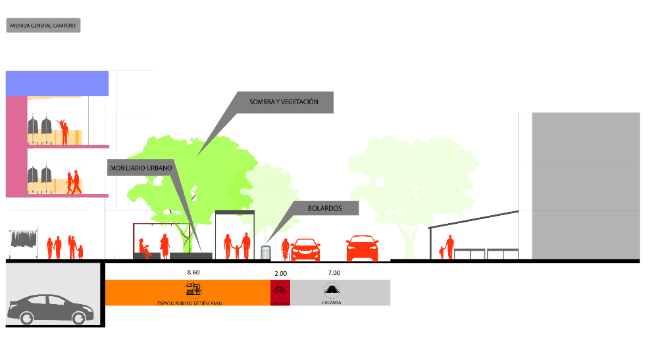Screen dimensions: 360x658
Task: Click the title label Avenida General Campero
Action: click(x=43, y=26)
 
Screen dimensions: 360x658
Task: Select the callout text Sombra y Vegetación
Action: click(x=284, y=102)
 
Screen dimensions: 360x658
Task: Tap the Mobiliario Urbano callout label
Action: click(x=141, y=168)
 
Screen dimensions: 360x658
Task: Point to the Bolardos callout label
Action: click(x=324, y=208)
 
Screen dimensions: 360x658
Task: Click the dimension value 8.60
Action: click(x=193, y=272)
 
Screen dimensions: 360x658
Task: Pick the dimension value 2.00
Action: click(x=280, y=272)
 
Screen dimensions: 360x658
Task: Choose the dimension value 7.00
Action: click(x=334, y=272)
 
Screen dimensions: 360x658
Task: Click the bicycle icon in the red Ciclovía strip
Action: click(x=280, y=289)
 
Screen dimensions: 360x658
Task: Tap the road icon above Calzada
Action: click(x=331, y=289)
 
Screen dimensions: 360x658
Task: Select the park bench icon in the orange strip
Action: click(x=194, y=288)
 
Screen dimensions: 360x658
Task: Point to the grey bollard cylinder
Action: click(x=266, y=253)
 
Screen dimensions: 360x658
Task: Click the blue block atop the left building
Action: click(x=57, y=83)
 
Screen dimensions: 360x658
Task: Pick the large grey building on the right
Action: click(x=585, y=186)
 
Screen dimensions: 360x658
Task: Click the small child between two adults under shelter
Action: click(x=236, y=250)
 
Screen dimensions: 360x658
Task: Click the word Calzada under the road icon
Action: click(x=331, y=302)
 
